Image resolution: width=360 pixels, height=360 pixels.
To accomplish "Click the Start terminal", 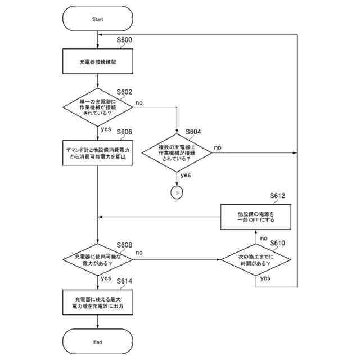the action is click(x=97, y=19).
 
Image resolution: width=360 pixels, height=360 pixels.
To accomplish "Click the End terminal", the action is click(x=97, y=341).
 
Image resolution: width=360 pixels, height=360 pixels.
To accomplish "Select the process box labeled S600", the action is click(x=97, y=61).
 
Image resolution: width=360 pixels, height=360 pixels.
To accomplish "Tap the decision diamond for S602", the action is click(x=97, y=107).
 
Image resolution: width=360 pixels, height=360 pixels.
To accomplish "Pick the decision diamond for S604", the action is click(x=177, y=152).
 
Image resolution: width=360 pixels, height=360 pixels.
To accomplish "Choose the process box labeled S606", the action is click(x=97, y=153).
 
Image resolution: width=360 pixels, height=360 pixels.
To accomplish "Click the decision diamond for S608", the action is click(x=97, y=260).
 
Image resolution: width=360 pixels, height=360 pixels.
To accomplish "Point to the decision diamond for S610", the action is click(x=256, y=260).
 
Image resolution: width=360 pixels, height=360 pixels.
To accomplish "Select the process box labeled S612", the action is click(x=256, y=217).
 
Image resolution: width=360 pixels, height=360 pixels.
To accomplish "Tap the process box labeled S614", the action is click(x=97, y=303).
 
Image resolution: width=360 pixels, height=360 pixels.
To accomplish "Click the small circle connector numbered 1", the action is click(x=177, y=192).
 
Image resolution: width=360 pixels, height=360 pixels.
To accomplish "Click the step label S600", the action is click(x=124, y=40).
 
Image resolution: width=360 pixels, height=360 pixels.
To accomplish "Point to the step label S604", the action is click(x=193, y=132).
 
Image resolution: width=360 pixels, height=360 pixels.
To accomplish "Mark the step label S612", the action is click(x=277, y=196).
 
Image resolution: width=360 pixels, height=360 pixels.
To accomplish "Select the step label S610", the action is click(x=277, y=243).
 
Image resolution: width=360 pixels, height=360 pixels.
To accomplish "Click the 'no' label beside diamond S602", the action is click(x=139, y=103).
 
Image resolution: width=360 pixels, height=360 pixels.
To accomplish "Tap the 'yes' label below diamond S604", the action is click(x=186, y=175).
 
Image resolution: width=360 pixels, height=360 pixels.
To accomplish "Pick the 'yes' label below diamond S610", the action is click(x=265, y=278).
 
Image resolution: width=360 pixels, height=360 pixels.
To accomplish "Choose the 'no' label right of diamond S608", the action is click(x=139, y=253).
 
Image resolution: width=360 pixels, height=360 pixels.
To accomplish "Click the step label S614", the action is click(x=124, y=281).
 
